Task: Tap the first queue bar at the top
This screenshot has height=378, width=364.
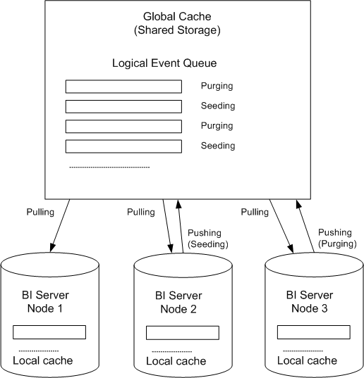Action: [x=123, y=87]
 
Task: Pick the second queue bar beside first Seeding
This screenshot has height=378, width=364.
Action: [x=123, y=106]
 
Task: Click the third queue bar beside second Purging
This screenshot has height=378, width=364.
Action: [x=123, y=127]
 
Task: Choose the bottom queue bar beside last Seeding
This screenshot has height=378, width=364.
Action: [x=123, y=146]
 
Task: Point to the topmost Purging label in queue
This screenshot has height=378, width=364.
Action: [x=217, y=87]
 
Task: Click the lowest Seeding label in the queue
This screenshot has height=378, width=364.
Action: [x=217, y=146]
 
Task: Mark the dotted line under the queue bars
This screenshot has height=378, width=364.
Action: [x=109, y=167]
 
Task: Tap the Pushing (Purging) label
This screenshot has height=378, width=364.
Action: [x=336, y=237]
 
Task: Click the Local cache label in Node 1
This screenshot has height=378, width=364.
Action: [x=43, y=361]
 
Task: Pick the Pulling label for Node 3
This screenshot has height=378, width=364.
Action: [x=255, y=212]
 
